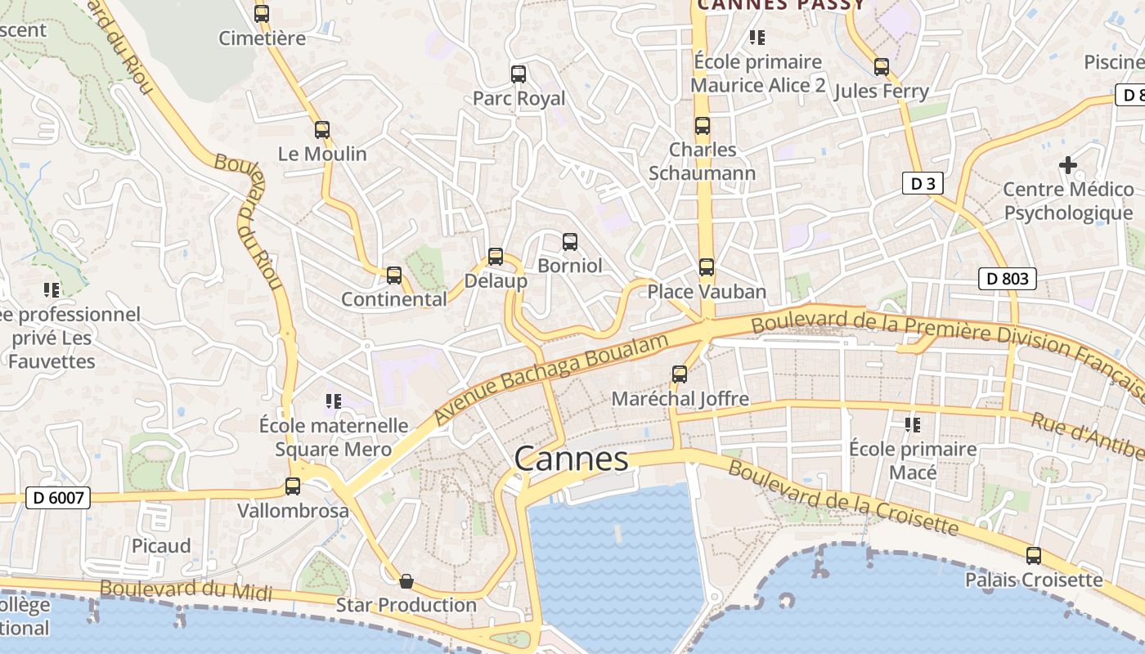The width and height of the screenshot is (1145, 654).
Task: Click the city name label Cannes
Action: click(x=571, y=459)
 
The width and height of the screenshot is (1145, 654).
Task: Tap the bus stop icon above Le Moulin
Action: click(x=322, y=129)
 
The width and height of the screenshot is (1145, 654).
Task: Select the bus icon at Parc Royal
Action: click(x=519, y=74)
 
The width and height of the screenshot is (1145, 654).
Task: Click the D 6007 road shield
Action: click(x=57, y=497)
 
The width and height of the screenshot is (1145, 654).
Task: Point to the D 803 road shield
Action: click(x=1007, y=279)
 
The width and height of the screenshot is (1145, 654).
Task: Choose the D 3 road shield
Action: click(x=923, y=183)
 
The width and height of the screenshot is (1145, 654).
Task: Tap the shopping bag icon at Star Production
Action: click(x=406, y=581)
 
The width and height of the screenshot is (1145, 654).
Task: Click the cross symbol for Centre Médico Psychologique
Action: click(x=1067, y=165)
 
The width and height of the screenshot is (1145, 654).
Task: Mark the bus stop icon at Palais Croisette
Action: click(x=1034, y=556)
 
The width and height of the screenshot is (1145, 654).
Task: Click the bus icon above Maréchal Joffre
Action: click(x=680, y=374)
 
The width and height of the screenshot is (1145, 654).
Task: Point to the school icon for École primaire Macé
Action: click(x=913, y=425)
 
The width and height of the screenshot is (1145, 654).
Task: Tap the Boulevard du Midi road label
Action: click(x=186, y=589)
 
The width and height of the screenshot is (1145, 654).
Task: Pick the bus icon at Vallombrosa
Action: click(x=293, y=486)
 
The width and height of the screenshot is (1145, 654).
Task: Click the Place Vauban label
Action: click(x=707, y=292)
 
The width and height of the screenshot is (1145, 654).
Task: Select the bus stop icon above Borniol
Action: click(x=570, y=242)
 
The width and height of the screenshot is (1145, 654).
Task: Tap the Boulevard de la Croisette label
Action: click(x=842, y=496)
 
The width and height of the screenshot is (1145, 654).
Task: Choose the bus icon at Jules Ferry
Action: click(x=882, y=67)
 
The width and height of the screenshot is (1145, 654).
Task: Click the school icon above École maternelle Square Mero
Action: click(x=333, y=401)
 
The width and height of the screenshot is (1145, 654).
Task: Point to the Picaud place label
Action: click(x=161, y=546)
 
